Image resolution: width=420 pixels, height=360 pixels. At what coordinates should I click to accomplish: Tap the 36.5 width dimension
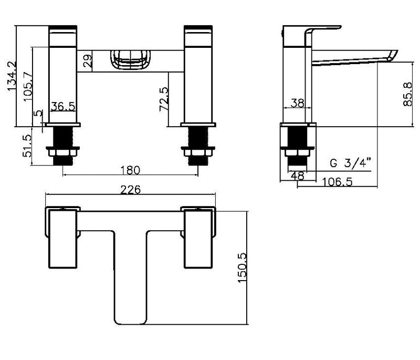[64, 107]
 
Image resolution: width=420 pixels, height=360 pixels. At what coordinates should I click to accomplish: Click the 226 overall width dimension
[131, 190]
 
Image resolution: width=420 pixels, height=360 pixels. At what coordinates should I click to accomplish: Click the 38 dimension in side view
[297, 104]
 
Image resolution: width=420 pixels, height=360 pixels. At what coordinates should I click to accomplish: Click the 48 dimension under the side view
[297, 176]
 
